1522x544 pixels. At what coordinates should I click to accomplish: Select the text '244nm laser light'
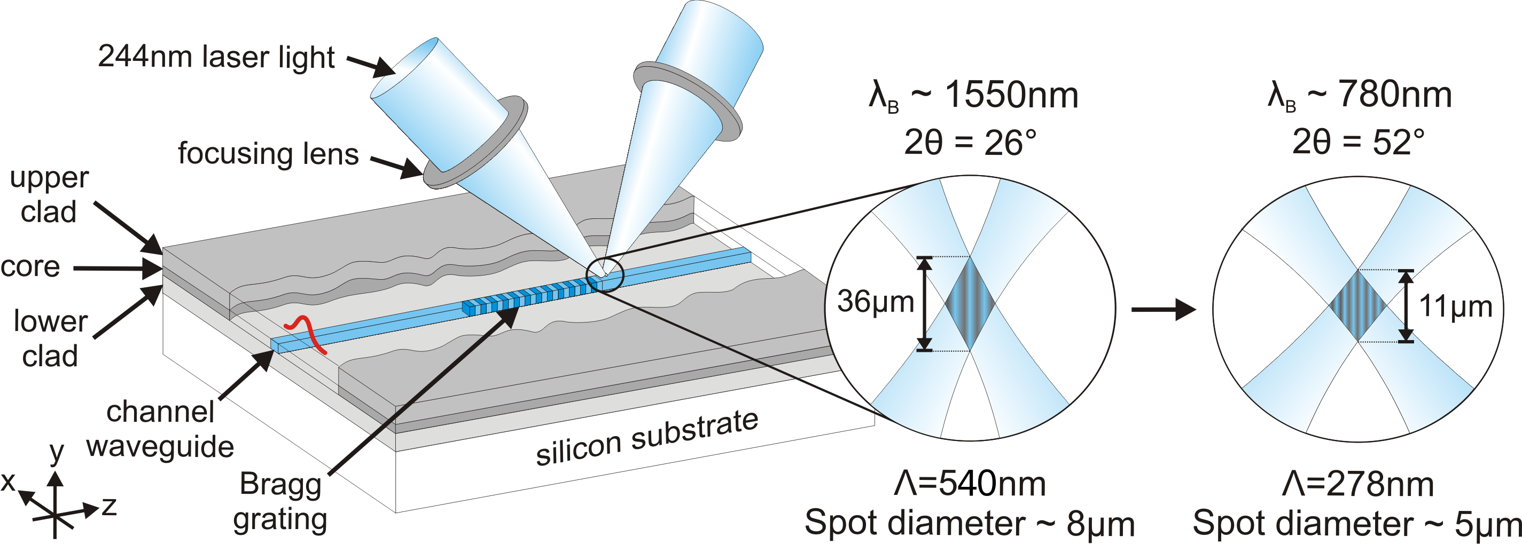(x=216, y=57)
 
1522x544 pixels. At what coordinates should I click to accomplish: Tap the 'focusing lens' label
(x=268, y=154)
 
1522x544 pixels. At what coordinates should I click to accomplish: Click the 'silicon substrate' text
(x=647, y=438)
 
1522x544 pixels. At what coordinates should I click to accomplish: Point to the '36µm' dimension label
(x=875, y=302)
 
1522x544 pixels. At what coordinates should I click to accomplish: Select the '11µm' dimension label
(x=1455, y=306)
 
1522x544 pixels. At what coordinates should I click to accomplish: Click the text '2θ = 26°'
(x=970, y=143)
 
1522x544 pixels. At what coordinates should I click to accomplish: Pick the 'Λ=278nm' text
(x=1358, y=485)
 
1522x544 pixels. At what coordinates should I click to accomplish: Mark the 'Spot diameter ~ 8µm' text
(x=969, y=523)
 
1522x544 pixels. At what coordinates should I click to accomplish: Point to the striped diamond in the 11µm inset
(x=1358, y=305)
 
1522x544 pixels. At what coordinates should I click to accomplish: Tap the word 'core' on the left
(x=30, y=267)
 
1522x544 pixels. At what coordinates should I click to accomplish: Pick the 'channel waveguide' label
(x=160, y=429)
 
